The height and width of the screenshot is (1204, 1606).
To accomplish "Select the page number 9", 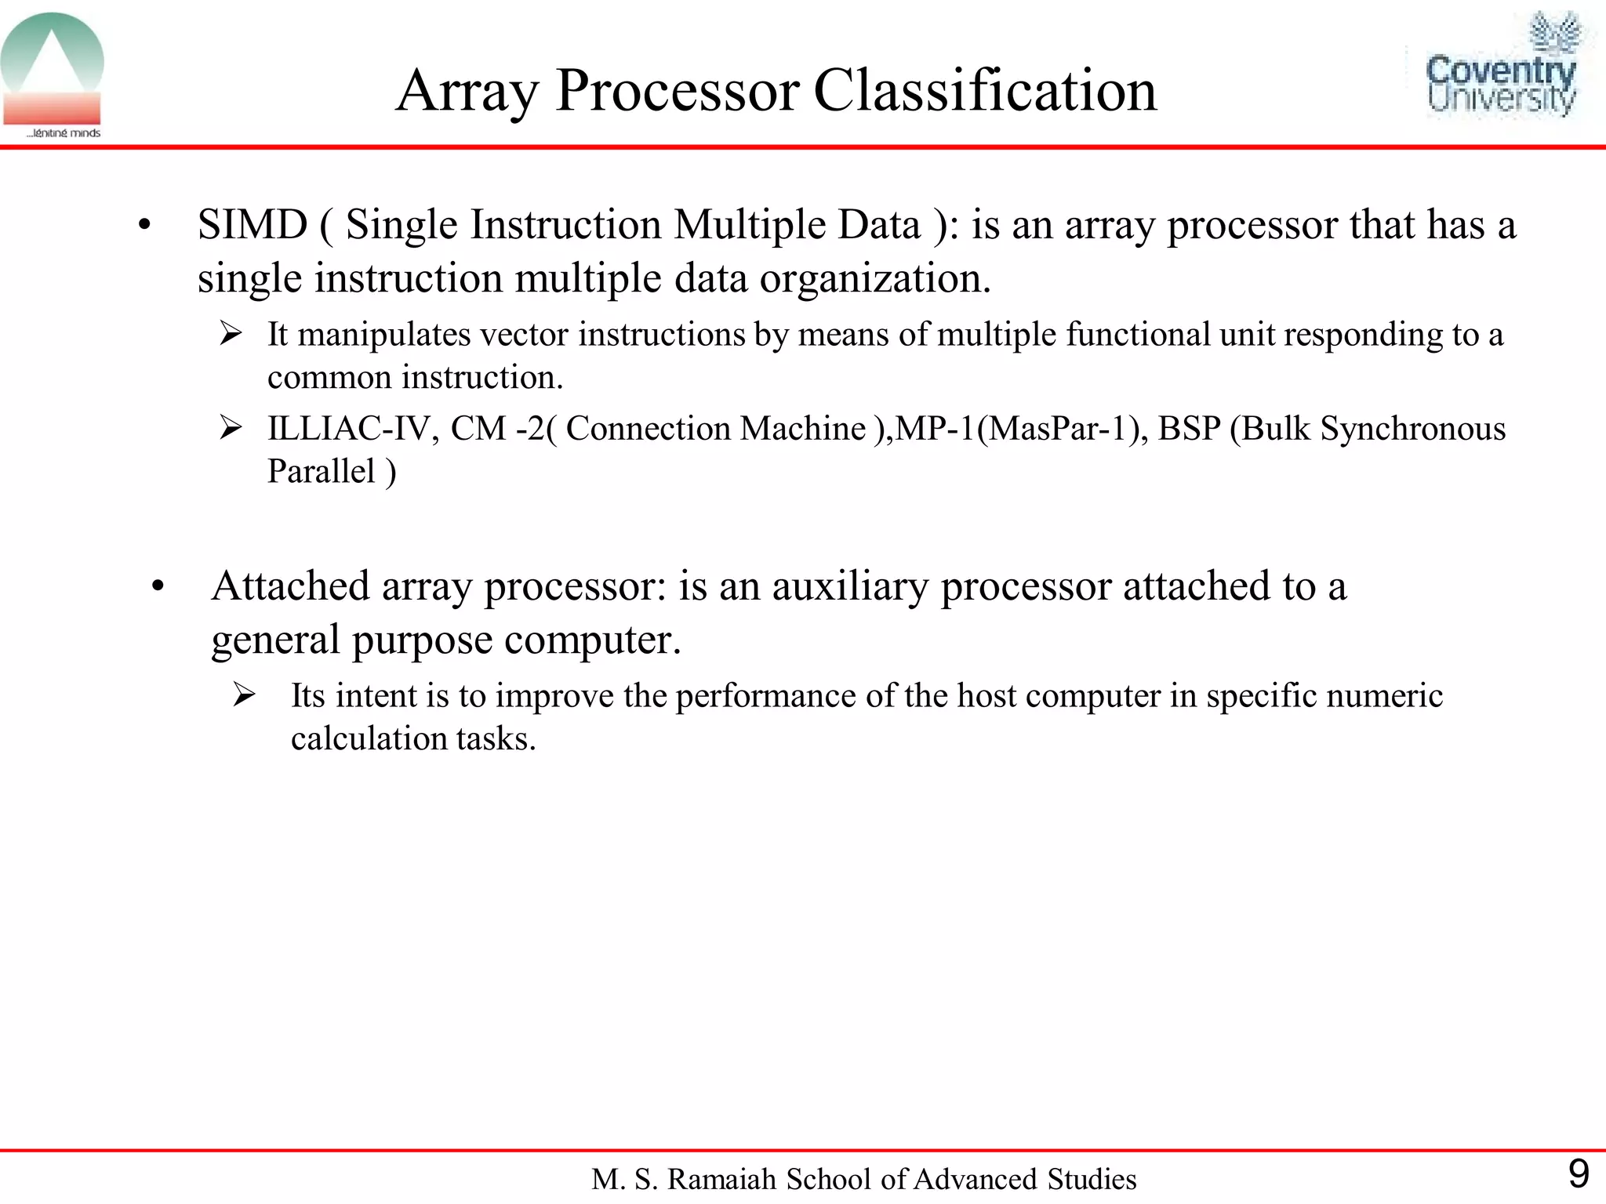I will [1578, 1174].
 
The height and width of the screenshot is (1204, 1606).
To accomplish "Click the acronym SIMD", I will [252, 225].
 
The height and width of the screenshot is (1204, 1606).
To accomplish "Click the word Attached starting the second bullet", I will [290, 586].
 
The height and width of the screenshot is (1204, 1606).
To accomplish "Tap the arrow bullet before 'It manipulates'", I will [231, 334].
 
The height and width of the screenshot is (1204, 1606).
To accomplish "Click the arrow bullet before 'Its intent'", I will [244, 694].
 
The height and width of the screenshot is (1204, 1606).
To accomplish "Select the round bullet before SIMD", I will [144, 227].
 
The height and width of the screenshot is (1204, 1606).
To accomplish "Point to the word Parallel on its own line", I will [322, 472].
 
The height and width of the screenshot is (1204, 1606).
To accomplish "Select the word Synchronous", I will [1412, 429].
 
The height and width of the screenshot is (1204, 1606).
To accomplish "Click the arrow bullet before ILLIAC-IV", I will [231, 428].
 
